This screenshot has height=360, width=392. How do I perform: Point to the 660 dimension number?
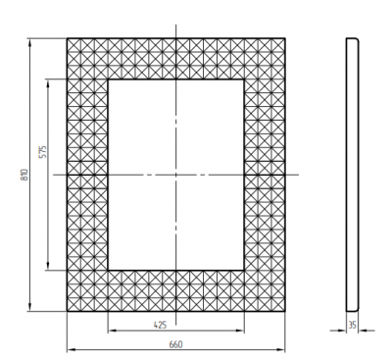(175, 344)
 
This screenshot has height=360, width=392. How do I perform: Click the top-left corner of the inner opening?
(106, 78)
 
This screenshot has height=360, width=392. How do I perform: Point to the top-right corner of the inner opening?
(246, 78)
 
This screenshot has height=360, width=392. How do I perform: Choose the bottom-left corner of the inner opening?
(106, 270)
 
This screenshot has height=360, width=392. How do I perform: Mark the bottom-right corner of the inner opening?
(246, 270)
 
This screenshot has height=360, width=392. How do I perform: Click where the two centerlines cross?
(176, 175)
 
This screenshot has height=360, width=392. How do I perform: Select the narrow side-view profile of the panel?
(353, 175)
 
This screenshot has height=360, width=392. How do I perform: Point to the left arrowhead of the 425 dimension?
(110, 331)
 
